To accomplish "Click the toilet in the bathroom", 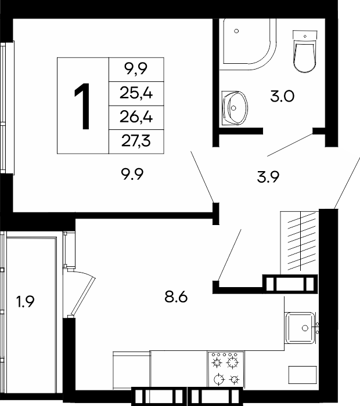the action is (305, 51).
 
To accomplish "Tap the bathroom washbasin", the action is (235, 108).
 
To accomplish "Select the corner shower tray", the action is (247, 44).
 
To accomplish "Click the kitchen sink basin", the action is (300, 328).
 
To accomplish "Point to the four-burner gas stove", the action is (225, 369).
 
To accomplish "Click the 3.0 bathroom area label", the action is (282, 96).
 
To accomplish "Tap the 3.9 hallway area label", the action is (268, 177).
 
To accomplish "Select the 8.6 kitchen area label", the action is (176, 297).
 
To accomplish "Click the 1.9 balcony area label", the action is (26, 302).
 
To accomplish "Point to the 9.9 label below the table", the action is (132, 174).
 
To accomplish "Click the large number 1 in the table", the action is (82, 106).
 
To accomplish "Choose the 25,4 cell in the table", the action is (136, 93).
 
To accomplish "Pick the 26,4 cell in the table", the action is (136, 117).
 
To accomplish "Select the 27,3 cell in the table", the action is (136, 142).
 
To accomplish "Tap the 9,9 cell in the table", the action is (136, 70).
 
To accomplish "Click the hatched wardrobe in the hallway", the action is (300, 242).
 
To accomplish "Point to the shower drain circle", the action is (236, 31).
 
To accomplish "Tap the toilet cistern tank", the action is (305, 35).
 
